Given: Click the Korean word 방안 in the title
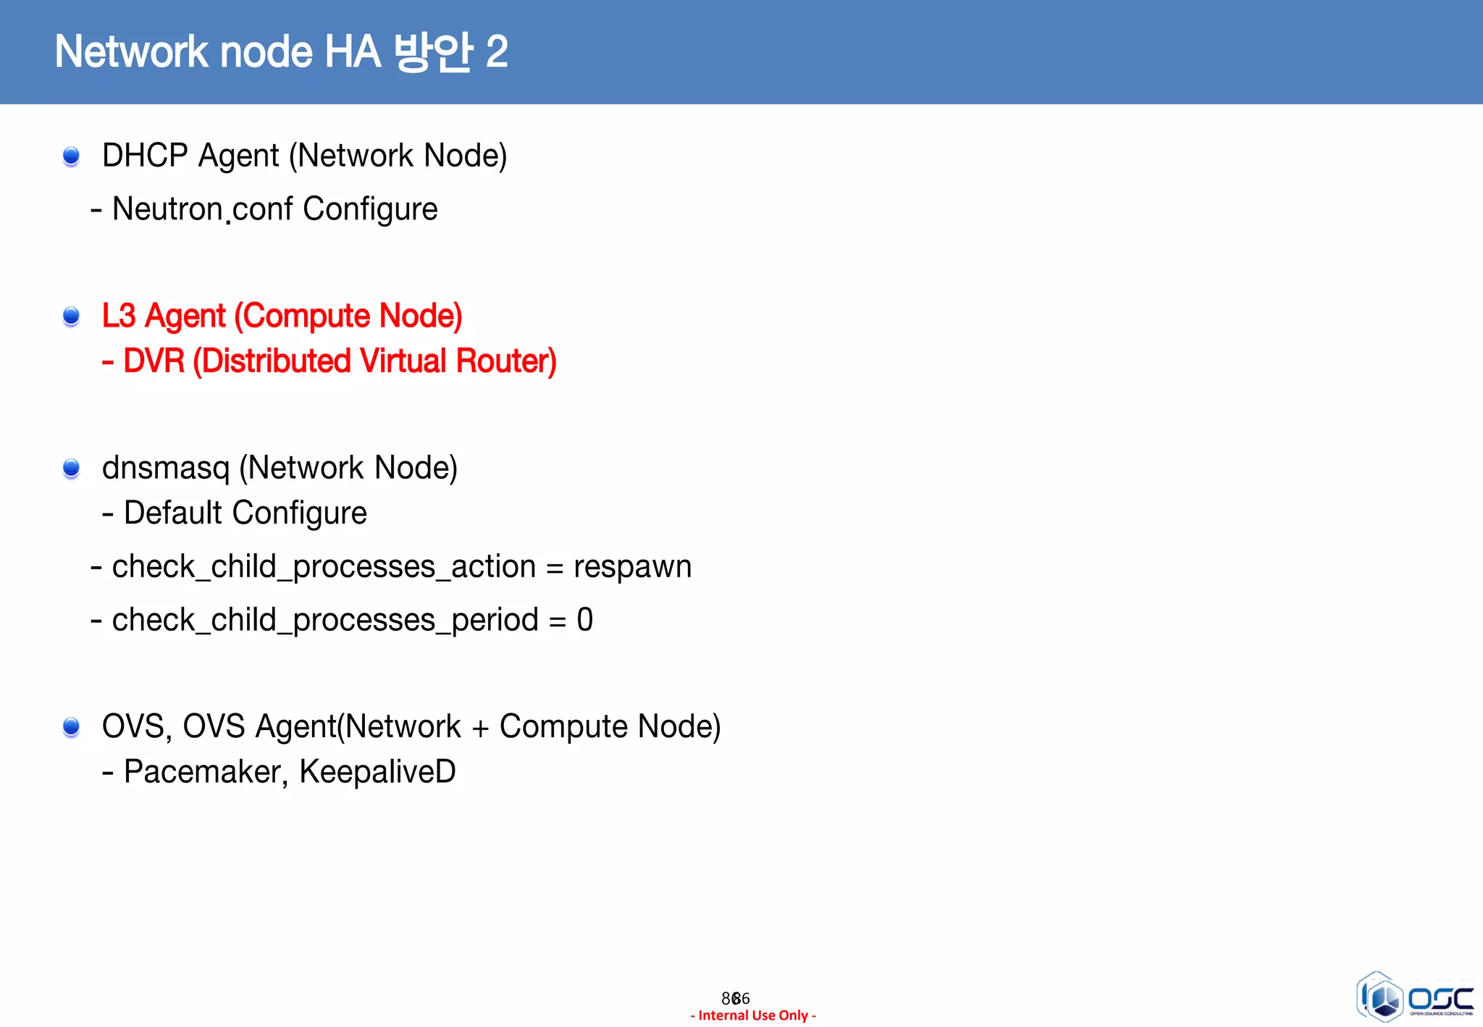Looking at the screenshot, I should [433, 52].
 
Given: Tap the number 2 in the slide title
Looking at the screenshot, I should [497, 52].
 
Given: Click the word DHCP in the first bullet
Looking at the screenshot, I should [145, 156].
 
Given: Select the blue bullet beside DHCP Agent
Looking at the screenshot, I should [71, 156].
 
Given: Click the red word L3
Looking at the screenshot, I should [119, 316].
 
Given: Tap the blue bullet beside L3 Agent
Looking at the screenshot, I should [71, 316].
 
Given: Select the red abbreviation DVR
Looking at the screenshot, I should [154, 361].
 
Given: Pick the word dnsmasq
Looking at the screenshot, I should [166, 469].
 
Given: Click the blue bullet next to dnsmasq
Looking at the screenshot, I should [71, 469].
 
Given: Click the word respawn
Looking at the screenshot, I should [632, 567].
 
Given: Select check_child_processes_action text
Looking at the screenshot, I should [324, 567].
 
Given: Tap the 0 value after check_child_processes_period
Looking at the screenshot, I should [584, 620].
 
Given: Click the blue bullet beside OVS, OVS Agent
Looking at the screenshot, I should [71, 726].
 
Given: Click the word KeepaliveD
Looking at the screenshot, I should [377, 772].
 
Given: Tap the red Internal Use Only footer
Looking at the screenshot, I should [753, 1015].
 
